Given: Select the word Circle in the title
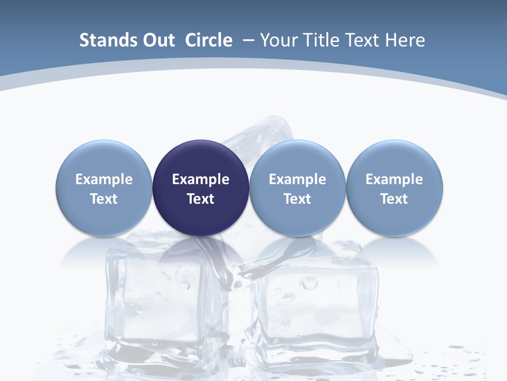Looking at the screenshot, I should [x=209, y=40].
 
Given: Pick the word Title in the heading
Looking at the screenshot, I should [x=322, y=40].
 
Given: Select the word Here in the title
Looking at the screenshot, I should [x=406, y=40].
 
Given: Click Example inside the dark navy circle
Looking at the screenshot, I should [x=201, y=179].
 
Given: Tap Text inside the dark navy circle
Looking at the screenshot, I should [x=201, y=199].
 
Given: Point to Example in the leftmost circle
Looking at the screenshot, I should [x=104, y=179].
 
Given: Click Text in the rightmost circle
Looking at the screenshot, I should [x=395, y=199].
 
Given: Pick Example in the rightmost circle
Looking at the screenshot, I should [x=395, y=179].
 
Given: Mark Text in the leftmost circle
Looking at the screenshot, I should [x=104, y=199].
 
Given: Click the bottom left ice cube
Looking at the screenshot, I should [x=158, y=302].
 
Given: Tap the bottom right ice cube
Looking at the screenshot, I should [x=317, y=307].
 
